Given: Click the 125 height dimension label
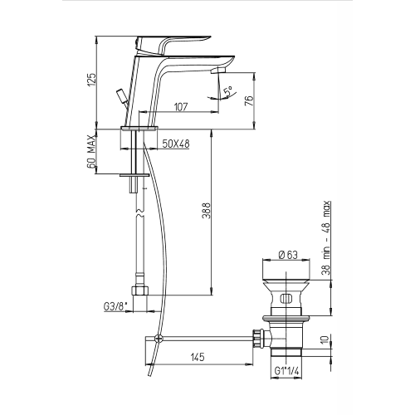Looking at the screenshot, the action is [92, 80].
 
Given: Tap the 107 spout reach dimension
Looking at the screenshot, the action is [181, 107].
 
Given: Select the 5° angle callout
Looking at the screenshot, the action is [229, 91].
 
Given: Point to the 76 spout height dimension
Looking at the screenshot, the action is [249, 100].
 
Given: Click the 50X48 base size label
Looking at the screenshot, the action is [176, 144].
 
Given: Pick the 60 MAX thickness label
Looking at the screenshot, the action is [91, 152].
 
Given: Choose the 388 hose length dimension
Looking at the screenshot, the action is [206, 211].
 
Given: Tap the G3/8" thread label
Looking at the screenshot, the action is [115, 306].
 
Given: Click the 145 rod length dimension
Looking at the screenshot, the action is [198, 357].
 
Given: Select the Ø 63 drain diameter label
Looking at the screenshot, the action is [288, 255].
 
